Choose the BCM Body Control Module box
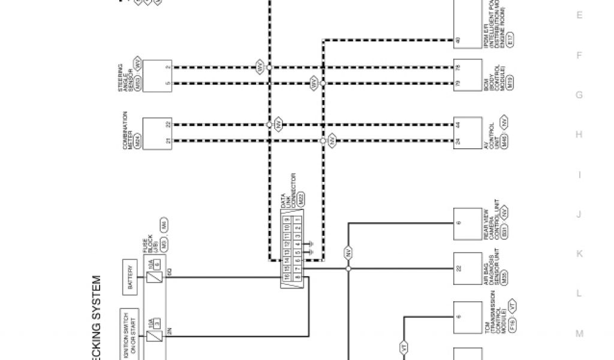467,75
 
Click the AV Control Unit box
467,133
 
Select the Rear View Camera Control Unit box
467,223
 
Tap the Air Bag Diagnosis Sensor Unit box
467,268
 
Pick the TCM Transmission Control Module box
467,316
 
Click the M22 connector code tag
301,199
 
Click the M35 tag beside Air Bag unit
505,278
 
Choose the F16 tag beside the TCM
514,326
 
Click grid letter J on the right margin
579,214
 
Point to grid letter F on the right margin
579,55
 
